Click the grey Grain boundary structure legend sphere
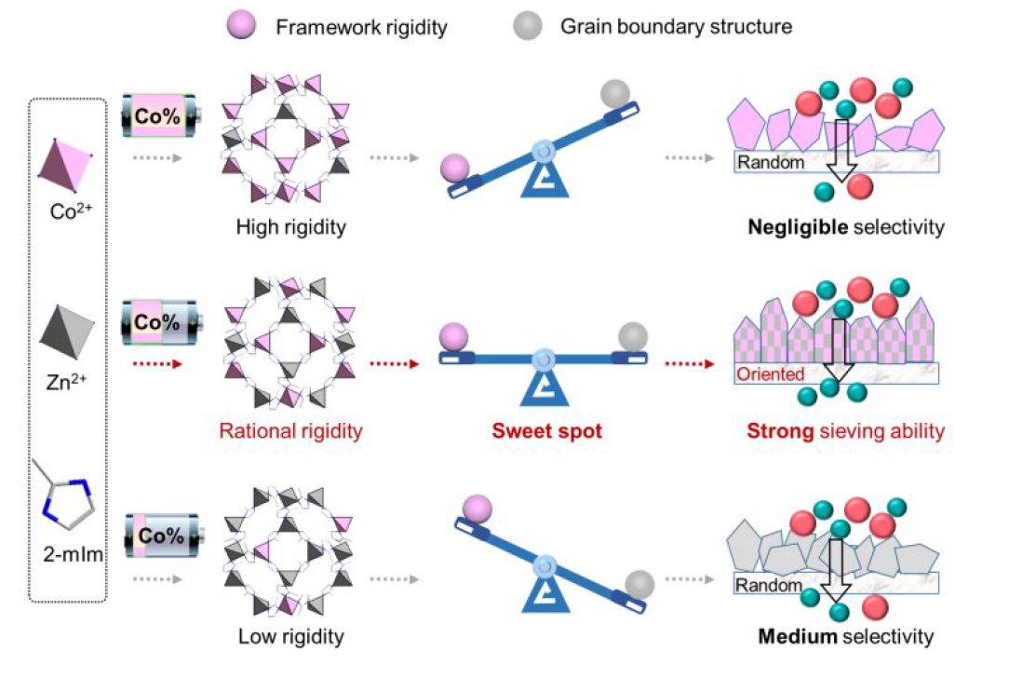(x=527, y=27)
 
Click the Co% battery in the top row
(x=161, y=118)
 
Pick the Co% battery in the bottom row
(x=161, y=536)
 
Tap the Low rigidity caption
(x=290, y=637)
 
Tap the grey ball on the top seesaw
(x=614, y=93)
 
